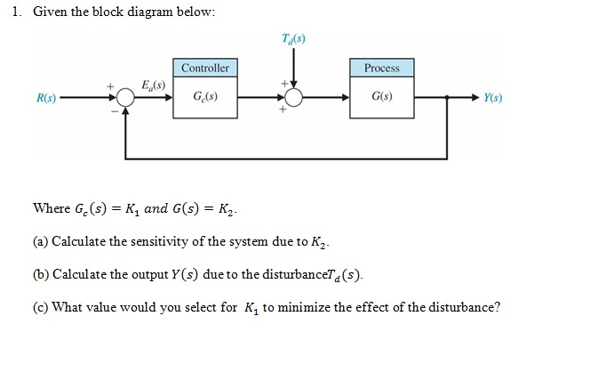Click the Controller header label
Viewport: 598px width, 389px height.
coord(205,68)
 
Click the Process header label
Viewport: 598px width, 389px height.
coord(382,68)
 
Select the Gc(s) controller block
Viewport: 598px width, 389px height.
coord(205,97)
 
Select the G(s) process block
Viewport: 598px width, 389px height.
coord(382,97)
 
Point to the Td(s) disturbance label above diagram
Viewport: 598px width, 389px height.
coord(294,38)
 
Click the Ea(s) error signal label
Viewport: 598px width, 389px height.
coord(152,84)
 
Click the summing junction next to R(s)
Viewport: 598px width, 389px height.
coord(126,98)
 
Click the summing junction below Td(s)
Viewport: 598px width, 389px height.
coord(294,98)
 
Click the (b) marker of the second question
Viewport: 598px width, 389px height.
coord(41,272)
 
